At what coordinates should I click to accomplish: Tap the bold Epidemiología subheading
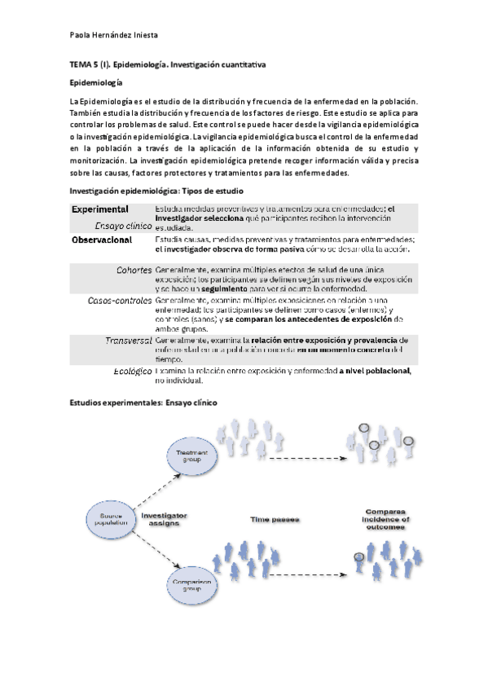coord(96,82)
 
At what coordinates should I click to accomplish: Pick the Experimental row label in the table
coord(100,209)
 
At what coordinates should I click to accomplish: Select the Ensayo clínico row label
coord(121,226)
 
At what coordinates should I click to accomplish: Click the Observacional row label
coord(102,241)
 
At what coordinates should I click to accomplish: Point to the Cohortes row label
coord(134,270)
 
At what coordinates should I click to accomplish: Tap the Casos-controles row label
coord(120,301)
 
